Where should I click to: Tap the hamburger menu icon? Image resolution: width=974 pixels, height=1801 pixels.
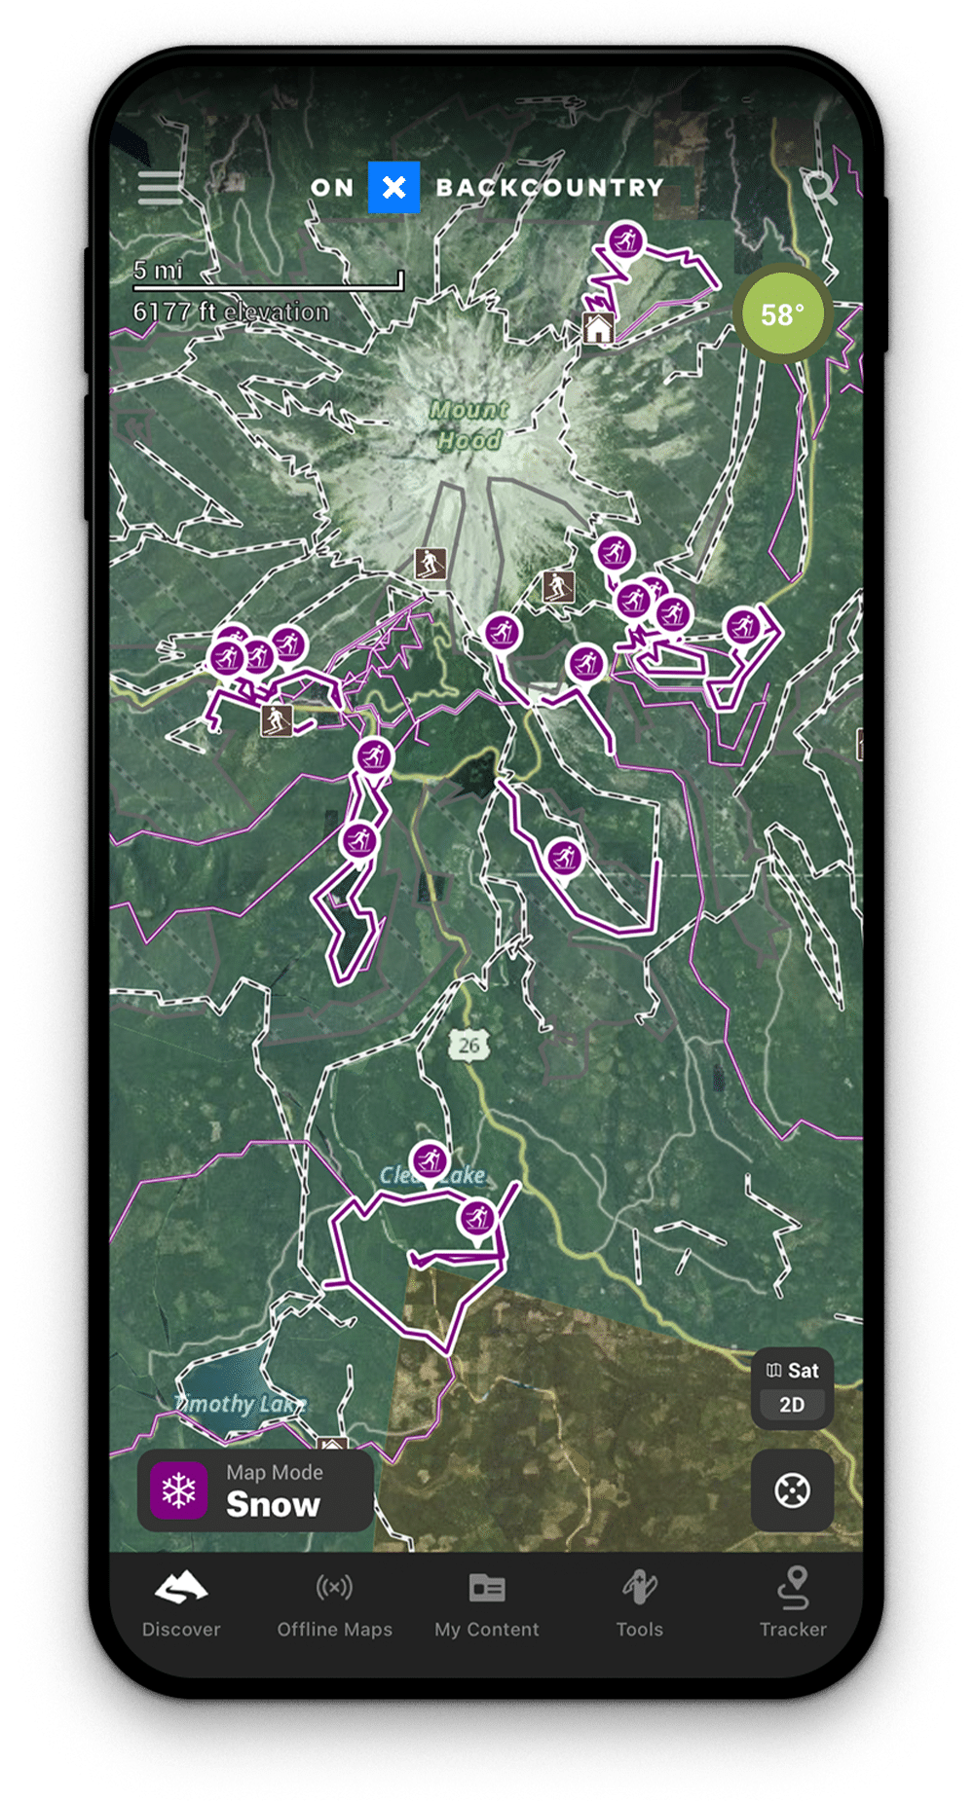(x=160, y=187)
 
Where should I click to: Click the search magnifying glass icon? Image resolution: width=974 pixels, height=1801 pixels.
(x=819, y=187)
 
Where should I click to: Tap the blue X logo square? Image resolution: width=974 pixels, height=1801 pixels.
(x=393, y=187)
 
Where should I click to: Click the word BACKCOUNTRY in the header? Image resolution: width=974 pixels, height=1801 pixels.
(x=549, y=188)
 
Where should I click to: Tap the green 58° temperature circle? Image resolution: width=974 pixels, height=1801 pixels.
(x=782, y=314)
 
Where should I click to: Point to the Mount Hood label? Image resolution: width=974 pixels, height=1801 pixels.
(x=468, y=424)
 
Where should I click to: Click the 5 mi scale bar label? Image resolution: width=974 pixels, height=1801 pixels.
(x=159, y=270)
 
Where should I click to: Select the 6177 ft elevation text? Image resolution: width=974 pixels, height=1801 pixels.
(x=231, y=312)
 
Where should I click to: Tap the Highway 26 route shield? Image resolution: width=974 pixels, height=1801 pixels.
(x=469, y=1046)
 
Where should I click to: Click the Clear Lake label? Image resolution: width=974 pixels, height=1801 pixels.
(x=431, y=1176)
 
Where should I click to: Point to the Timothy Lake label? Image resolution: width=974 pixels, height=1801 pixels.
(x=240, y=1404)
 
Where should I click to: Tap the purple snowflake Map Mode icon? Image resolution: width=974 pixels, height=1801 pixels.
(x=179, y=1490)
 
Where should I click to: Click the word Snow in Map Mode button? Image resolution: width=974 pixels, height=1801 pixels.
(x=273, y=1505)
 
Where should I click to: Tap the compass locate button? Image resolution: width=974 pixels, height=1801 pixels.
(x=792, y=1490)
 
